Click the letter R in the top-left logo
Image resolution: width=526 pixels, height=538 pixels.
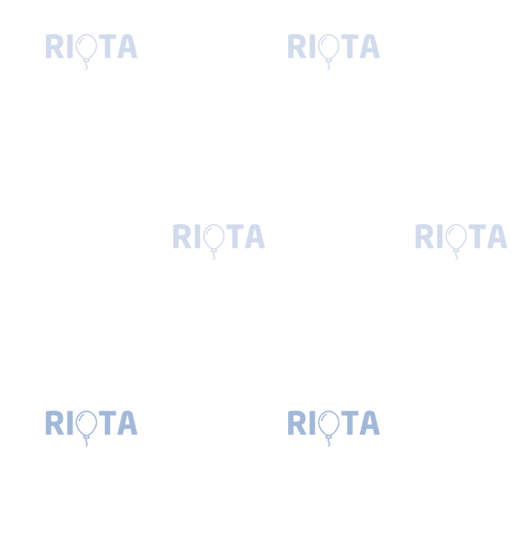coord(55,47)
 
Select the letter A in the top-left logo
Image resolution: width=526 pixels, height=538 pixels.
coord(127,47)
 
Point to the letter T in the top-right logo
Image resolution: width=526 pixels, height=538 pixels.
coord(350,47)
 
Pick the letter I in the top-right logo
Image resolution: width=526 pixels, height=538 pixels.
coord(312,47)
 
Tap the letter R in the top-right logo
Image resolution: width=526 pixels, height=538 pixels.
coord(297,47)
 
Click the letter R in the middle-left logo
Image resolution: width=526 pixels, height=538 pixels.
coord(182,237)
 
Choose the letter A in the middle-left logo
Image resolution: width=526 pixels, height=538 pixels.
coord(255,237)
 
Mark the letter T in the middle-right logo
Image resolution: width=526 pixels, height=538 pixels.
coord(478,237)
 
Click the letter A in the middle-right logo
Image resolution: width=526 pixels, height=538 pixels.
coord(497,237)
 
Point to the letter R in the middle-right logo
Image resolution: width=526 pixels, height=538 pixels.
coord(425,237)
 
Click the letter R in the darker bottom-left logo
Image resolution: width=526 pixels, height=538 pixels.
coord(55,422)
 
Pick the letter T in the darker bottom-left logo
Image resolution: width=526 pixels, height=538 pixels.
coord(107,422)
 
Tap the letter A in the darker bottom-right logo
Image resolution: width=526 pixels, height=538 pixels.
coord(370,422)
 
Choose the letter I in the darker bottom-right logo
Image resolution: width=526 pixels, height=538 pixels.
coord(312,422)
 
